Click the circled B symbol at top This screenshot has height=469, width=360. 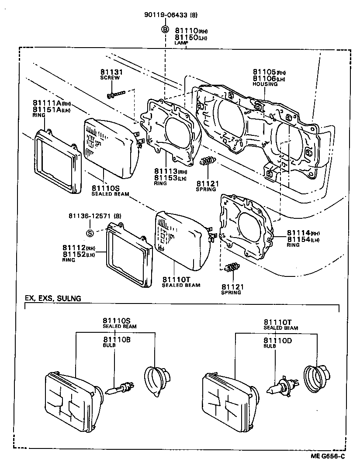pos(165,29)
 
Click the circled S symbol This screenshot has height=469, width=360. pos(90,233)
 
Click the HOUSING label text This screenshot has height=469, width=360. pos(265,84)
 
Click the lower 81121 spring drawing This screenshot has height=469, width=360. pos(232,267)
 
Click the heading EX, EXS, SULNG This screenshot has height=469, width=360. pos(52,298)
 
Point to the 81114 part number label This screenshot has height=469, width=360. pos(297,233)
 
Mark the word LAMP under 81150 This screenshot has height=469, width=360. pos(181,43)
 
